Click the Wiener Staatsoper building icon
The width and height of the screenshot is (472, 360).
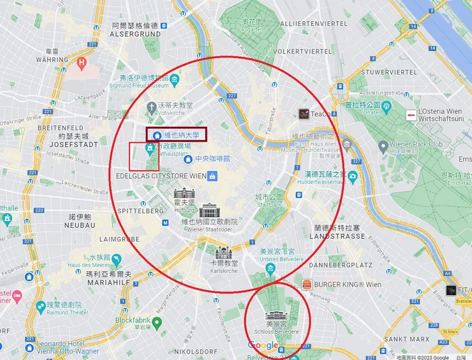pyautogui.click(x=209, y=211)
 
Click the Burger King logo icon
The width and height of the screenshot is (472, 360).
pyautogui.click(x=306, y=284)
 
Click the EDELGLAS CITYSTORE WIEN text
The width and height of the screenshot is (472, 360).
pyautogui.click(x=161, y=176)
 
